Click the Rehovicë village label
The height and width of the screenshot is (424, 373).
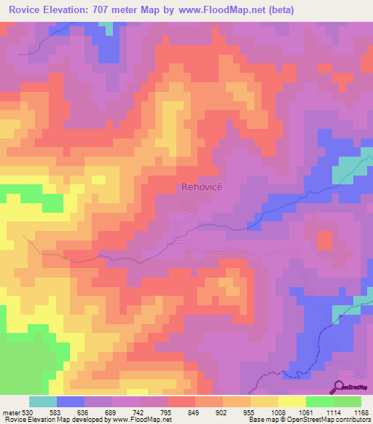tap(199, 187)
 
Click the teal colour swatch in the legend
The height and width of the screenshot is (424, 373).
tap(43, 401)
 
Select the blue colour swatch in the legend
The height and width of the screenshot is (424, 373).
tap(71, 401)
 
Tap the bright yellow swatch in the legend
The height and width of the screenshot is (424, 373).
tap(291, 401)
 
